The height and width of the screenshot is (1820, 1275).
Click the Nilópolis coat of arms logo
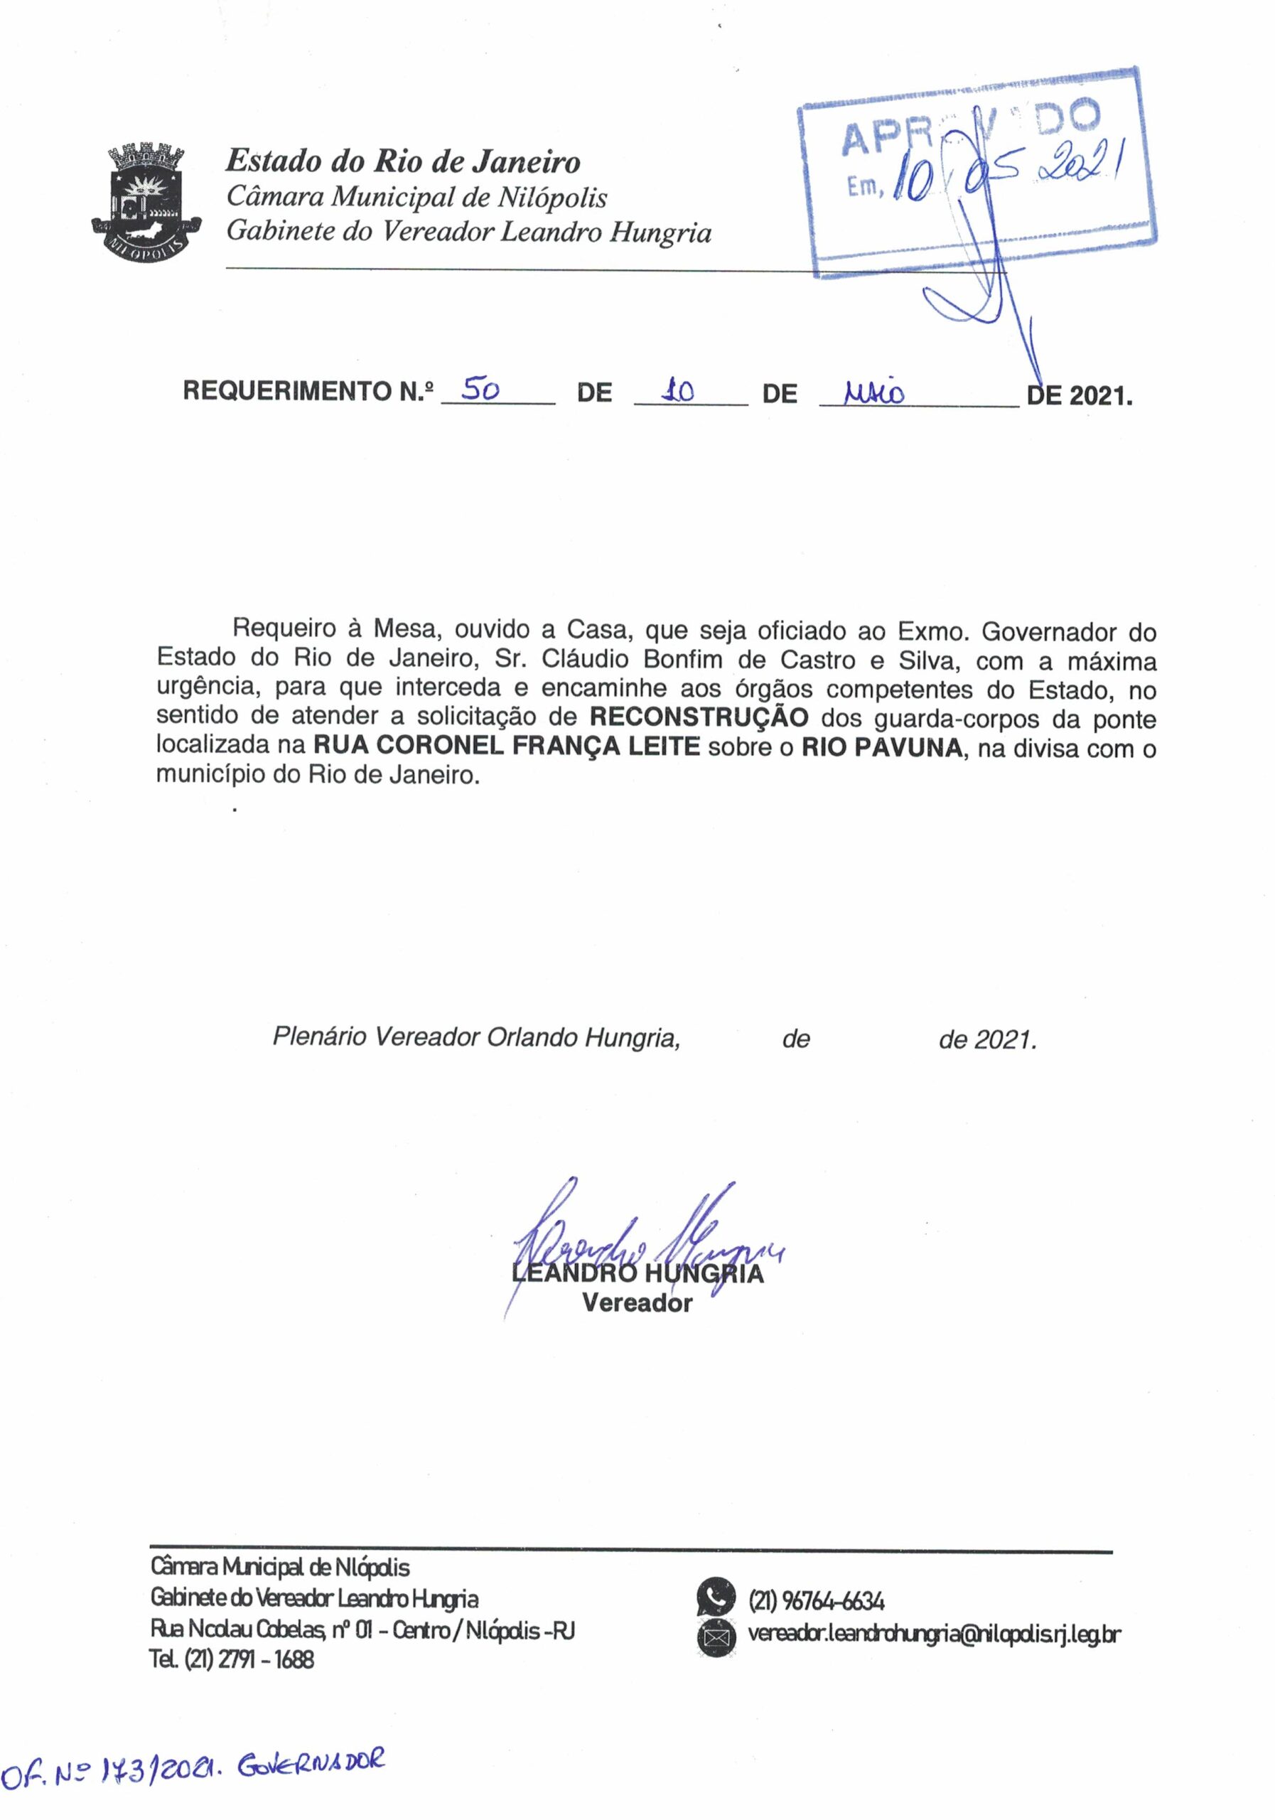tap(146, 198)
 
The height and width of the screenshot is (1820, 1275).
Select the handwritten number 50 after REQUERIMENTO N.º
tap(480, 389)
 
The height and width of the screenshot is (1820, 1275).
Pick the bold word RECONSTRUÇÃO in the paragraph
tap(699, 717)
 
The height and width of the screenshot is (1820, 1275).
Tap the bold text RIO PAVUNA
tap(882, 746)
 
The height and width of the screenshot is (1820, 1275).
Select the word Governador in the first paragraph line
tap(1053, 632)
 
